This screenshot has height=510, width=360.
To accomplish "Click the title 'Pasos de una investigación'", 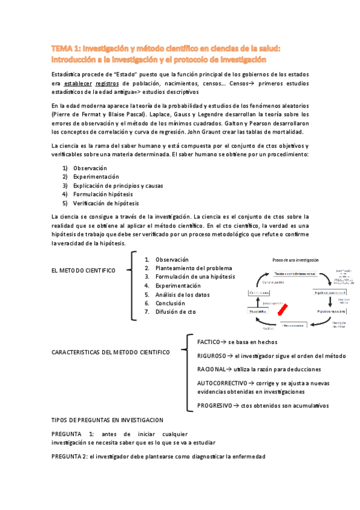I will pos(295,260).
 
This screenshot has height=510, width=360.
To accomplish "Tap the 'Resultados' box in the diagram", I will pos(258,313).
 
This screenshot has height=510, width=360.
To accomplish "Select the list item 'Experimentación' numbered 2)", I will pos(96,177).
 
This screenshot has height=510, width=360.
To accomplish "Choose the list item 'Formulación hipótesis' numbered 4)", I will pos(103,194).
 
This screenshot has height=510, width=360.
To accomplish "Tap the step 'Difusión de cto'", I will pos(175,312).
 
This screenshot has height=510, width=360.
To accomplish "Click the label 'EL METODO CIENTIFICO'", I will pos(84,271).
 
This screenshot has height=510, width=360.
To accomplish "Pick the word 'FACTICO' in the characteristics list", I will pos(209,342).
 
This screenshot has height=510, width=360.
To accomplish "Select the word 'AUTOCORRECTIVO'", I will pos(222,382).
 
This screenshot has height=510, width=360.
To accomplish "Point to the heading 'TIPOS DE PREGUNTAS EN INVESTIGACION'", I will pos(108,420).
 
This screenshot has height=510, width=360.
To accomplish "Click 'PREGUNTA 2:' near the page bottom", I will pos(69,456).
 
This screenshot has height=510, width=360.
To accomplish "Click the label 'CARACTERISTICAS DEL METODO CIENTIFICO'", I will pos(111,351).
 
